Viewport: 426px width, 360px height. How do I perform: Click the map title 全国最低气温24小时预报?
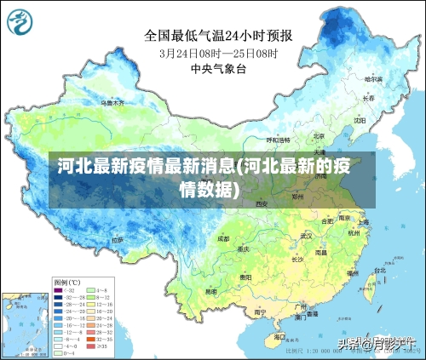click(218, 36)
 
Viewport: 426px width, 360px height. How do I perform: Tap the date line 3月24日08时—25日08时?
click(218, 53)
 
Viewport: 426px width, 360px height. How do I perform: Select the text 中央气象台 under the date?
click(218, 68)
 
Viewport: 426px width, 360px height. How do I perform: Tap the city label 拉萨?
click(117, 240)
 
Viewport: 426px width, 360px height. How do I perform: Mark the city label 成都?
click(223, 239)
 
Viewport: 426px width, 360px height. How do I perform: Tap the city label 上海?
click(363, 222)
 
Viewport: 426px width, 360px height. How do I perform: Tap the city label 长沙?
click(297, 258)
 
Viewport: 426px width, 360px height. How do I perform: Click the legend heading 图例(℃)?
click(67, 282)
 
